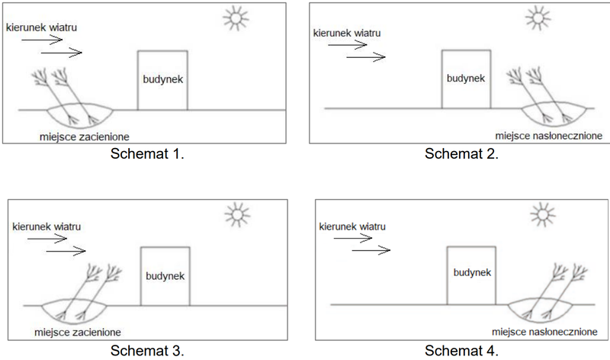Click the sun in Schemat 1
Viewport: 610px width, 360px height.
click(x=236, y=18)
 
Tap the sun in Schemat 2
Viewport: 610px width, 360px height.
click(x=538, y=18)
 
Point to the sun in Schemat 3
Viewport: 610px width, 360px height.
click(x=237, y=214)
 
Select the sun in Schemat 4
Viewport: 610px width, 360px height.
click(x=543, y=214)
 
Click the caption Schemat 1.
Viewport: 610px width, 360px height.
click(x=147, y=154)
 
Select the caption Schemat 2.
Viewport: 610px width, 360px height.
click(x=461, y=154)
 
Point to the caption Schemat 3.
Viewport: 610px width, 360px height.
click(x=147, y=351)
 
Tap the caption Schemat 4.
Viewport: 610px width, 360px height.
click(x=461, y=351)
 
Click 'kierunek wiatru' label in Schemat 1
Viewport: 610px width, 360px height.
click(x=42, y=27)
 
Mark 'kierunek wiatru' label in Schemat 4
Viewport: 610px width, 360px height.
click(x=352, y=227)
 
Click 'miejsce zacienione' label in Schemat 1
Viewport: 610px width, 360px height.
click(x=85, y=137)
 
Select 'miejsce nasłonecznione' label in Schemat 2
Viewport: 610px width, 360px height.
click(x=548, y=136)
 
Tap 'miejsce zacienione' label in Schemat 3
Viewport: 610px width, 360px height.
click(x=78, y=333)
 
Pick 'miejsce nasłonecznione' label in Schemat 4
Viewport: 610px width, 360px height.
click(x=544, y=332)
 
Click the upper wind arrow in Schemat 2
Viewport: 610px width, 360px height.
click(x=348, y=45)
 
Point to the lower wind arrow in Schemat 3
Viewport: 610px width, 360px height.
click(x=66, y=252)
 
